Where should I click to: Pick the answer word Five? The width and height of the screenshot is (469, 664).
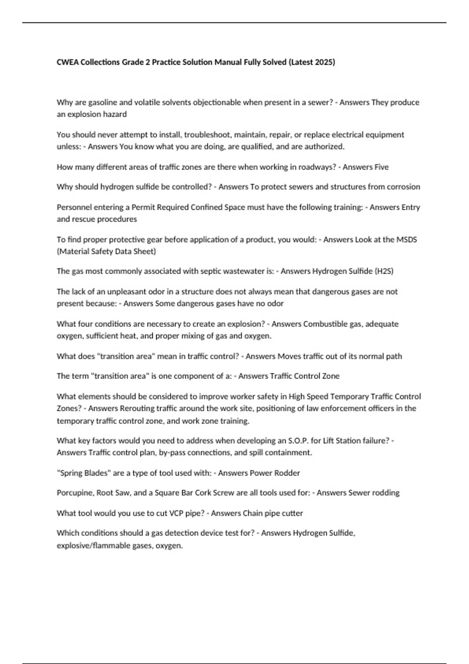pyautogui.click(x=381, y=167)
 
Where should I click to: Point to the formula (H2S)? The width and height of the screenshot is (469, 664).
pyautogui.click(x=384, y=271)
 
